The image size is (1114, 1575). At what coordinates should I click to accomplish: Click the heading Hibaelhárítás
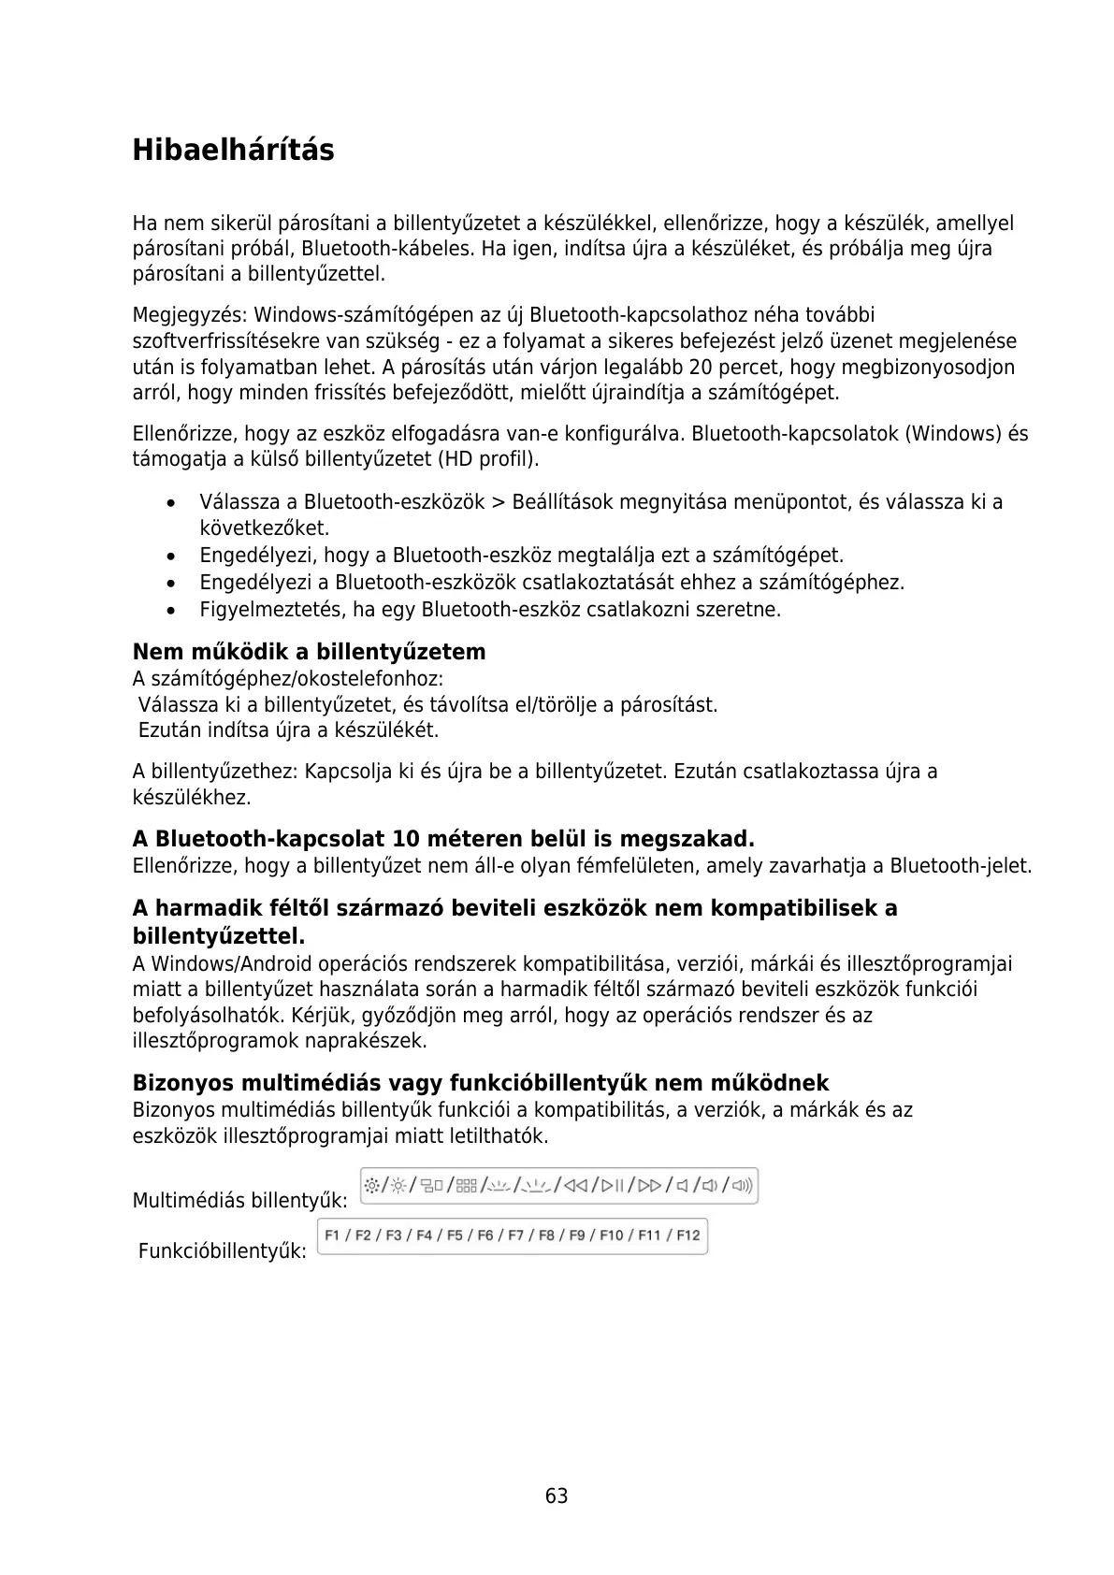pos(233,150)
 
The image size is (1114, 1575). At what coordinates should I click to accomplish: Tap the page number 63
pos(557,1496)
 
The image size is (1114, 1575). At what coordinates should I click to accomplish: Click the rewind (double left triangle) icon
pos(576,1186)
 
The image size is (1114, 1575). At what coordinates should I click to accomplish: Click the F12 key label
pos(687,1235)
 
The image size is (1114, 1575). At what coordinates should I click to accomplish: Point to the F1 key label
pos(333,1235)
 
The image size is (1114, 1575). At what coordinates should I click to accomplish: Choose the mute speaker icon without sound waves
pos(682,1186)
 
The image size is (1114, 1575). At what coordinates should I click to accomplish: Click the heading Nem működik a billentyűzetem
pos(309,652)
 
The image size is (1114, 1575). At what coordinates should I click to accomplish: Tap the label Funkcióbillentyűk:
pos(222,1250)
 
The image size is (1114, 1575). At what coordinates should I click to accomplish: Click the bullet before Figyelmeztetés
pos(169,611)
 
